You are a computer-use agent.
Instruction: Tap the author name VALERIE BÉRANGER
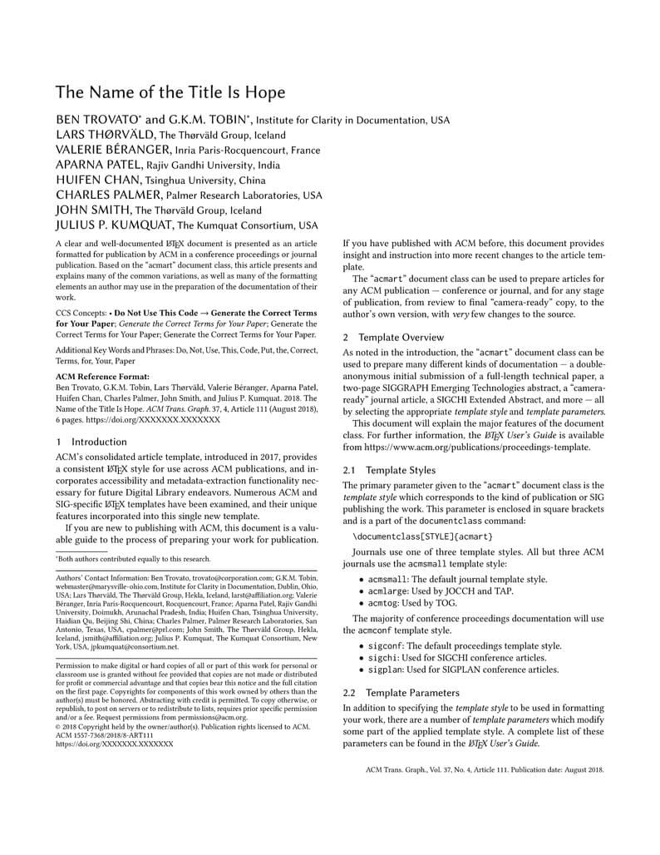click(x=113, y=150)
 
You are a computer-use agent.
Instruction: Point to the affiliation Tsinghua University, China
click(x=205, y=180)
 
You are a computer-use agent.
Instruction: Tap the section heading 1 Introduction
click(x=91, y=442)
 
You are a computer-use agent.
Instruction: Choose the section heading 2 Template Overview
click(x=395, y=338)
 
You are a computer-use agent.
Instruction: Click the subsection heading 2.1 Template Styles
click(x=389, y=470)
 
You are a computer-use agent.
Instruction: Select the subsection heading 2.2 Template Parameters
click(x=401, y=692)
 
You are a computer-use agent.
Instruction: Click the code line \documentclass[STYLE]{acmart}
click(x=422, y=536)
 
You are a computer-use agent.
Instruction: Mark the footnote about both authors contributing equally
click(x=133, y=559)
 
